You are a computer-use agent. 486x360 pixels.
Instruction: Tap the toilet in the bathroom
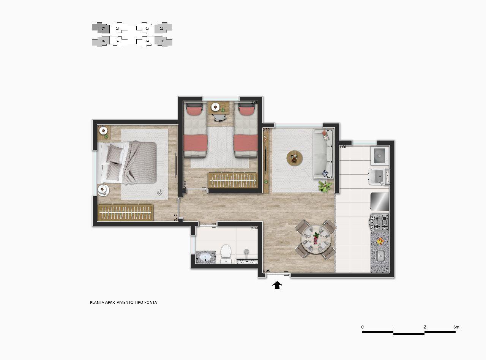226,253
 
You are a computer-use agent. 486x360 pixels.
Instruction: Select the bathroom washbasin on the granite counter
205,258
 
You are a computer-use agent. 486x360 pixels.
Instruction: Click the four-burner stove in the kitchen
380,223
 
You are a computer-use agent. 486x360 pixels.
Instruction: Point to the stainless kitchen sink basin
380,256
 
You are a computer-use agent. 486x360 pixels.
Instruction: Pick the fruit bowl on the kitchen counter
380,241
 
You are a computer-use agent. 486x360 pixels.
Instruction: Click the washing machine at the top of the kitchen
378,155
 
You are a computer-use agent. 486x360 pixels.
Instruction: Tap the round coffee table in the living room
295,158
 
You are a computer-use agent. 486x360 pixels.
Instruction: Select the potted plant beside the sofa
325,186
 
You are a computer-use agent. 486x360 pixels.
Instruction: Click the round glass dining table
316,240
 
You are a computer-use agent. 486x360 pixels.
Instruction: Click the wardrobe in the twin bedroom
233,180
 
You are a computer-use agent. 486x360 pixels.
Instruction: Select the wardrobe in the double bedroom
125,213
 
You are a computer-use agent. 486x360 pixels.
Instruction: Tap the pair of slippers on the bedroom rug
160,192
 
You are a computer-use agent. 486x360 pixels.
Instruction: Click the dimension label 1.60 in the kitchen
342,147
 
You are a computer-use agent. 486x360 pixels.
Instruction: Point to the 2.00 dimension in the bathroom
254,228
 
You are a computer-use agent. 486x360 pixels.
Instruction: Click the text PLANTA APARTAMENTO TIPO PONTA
123,303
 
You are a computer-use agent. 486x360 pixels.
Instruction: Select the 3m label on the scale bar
456,327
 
